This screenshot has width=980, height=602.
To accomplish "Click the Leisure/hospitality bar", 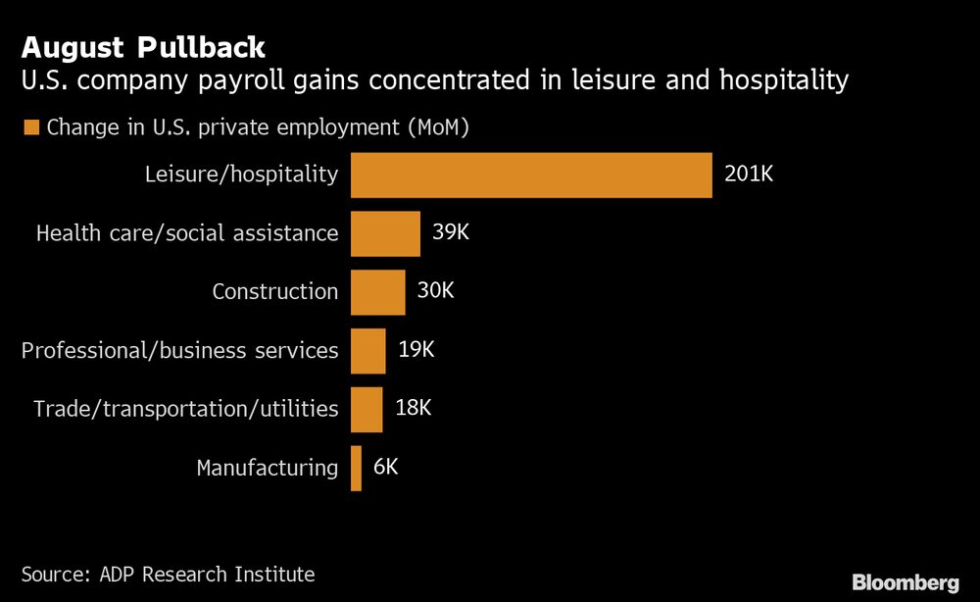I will [531, 176].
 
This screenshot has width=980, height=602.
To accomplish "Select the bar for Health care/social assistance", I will [385, 233].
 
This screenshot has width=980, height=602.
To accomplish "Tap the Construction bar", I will [377, 291].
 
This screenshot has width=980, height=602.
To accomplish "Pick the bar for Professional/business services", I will [368, 350].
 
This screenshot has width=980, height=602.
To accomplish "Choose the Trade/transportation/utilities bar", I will [367, 409].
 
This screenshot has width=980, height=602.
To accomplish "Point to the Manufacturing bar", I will [356, 468].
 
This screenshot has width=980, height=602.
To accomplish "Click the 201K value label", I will [749, 175].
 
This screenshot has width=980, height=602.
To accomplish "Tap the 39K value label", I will [452, 232].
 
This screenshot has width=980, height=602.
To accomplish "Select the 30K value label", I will [436, 290].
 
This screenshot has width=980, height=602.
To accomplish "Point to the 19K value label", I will [416, 349].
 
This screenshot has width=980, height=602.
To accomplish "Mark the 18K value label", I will [413, 408].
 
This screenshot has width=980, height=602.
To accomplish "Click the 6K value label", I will [386, 467].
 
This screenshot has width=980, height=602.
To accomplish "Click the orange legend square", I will [30, 127].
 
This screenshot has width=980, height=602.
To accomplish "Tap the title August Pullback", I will [141, 46].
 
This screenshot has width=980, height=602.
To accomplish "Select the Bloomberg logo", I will [906, 583].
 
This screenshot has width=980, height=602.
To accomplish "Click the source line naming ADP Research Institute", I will [168, 575].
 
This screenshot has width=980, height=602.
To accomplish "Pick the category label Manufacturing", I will [267, 468].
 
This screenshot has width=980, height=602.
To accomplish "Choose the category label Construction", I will [274, 291].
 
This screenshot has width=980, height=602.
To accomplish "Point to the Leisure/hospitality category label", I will [241, 176].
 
